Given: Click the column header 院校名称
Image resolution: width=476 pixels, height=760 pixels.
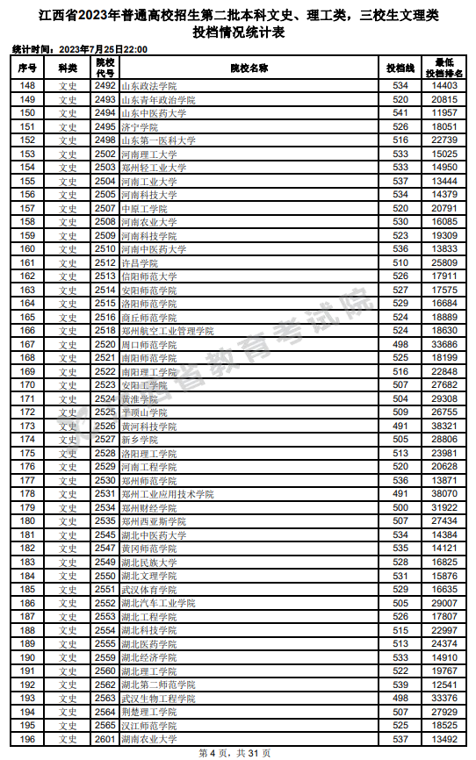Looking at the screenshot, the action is [249, 68].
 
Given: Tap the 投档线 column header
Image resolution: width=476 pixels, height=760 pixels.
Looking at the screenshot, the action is [400, 68].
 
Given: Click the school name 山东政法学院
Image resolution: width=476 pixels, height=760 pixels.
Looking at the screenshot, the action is [148, 86].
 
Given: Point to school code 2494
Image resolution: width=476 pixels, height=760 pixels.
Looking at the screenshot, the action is [105, 113].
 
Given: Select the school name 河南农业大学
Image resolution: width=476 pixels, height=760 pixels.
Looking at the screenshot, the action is [148, 222].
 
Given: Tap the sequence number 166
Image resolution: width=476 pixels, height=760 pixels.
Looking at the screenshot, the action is [27, 331].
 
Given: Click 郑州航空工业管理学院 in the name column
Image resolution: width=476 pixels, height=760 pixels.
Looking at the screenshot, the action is [167, 331].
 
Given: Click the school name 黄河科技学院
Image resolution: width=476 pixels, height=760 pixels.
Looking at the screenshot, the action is [148, 426].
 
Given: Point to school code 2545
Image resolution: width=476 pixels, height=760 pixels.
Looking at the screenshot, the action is [105, 534].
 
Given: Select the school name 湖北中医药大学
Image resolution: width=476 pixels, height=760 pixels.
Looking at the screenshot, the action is [154, 534].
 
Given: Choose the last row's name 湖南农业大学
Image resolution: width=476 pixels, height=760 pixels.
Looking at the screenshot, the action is [148, 739].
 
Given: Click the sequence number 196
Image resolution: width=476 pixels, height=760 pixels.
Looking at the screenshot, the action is [27, 739].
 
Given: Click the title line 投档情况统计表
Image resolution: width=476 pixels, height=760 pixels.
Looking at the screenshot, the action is [238, 32].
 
